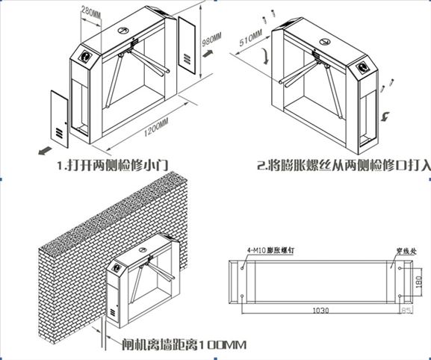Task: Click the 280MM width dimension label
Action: coord(90,12)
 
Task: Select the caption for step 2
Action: coord(344,167)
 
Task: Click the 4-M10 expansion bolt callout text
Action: coord(268,252)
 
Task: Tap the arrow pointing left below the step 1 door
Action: coord(44,150)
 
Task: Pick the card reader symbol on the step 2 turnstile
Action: coord(366,65)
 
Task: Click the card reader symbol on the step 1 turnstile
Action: coord(87,57)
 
